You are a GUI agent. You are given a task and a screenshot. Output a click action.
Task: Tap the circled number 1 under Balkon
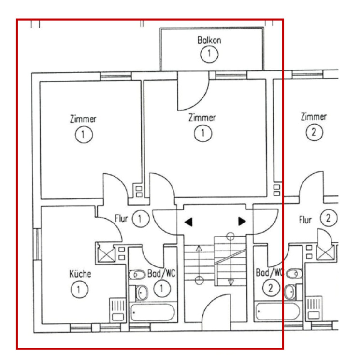coord(209,54)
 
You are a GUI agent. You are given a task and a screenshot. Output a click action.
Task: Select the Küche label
coord(80,274)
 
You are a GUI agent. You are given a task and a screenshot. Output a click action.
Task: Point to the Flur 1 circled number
coord(140,219)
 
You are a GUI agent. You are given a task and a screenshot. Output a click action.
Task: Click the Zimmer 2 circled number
coord(314,133)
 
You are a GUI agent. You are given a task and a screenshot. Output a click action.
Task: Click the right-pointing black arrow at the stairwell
coord(242,222)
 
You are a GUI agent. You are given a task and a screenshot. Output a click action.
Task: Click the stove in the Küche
coord(117,309)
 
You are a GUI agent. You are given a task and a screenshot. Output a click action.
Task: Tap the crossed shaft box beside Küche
coord(105,252)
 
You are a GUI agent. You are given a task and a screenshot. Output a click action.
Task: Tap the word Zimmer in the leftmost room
coord(83,119)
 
